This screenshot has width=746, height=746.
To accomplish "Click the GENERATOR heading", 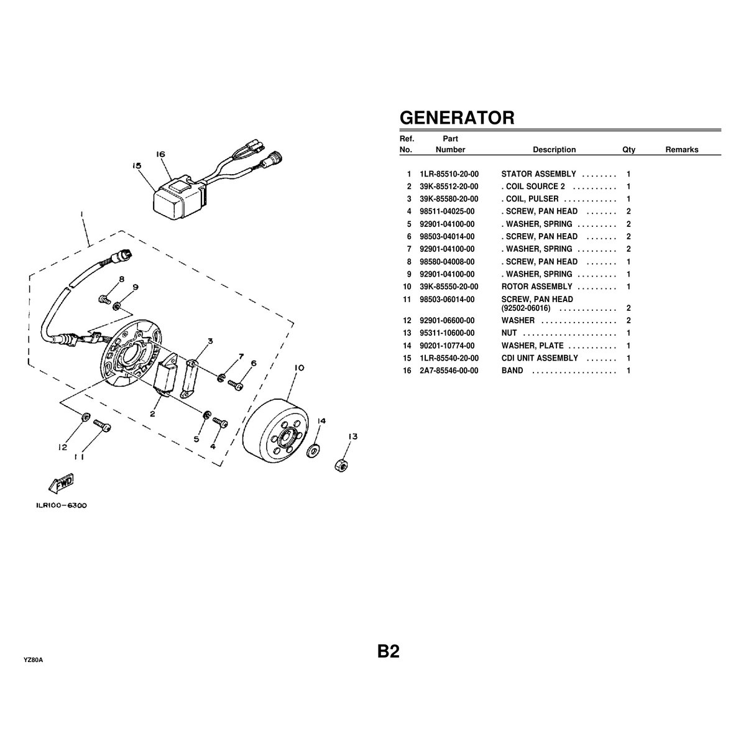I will pyautogui.click(x=456, y=117).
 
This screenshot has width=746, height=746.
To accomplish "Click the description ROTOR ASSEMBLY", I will pyautogui.click(x=536, y=287).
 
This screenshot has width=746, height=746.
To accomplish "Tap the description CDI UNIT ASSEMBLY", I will pyautogui.click(x=540, y=358).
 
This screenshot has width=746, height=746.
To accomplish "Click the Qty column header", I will pyautogui.click(x=629, y=150).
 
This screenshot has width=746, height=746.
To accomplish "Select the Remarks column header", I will pyautogui.click(x=681, y=150).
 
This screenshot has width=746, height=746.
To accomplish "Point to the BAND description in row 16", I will pyautogui.click(x=512, y=371).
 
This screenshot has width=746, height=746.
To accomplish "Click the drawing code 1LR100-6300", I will pyautogui.click(x=61, y=505).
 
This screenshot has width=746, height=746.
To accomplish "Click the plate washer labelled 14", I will pyautogui.click(x=314, y=449).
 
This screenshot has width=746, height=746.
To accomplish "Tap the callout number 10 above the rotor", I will pyautogui.click(x=298, y=368).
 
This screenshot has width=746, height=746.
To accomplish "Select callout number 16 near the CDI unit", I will pyautogui.click(x=160, y=154).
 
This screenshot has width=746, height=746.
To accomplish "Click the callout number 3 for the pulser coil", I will pyautogui.click(x=211, y=341).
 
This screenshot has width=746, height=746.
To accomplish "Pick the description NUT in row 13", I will pyautogui.click(x=509, y=333).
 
